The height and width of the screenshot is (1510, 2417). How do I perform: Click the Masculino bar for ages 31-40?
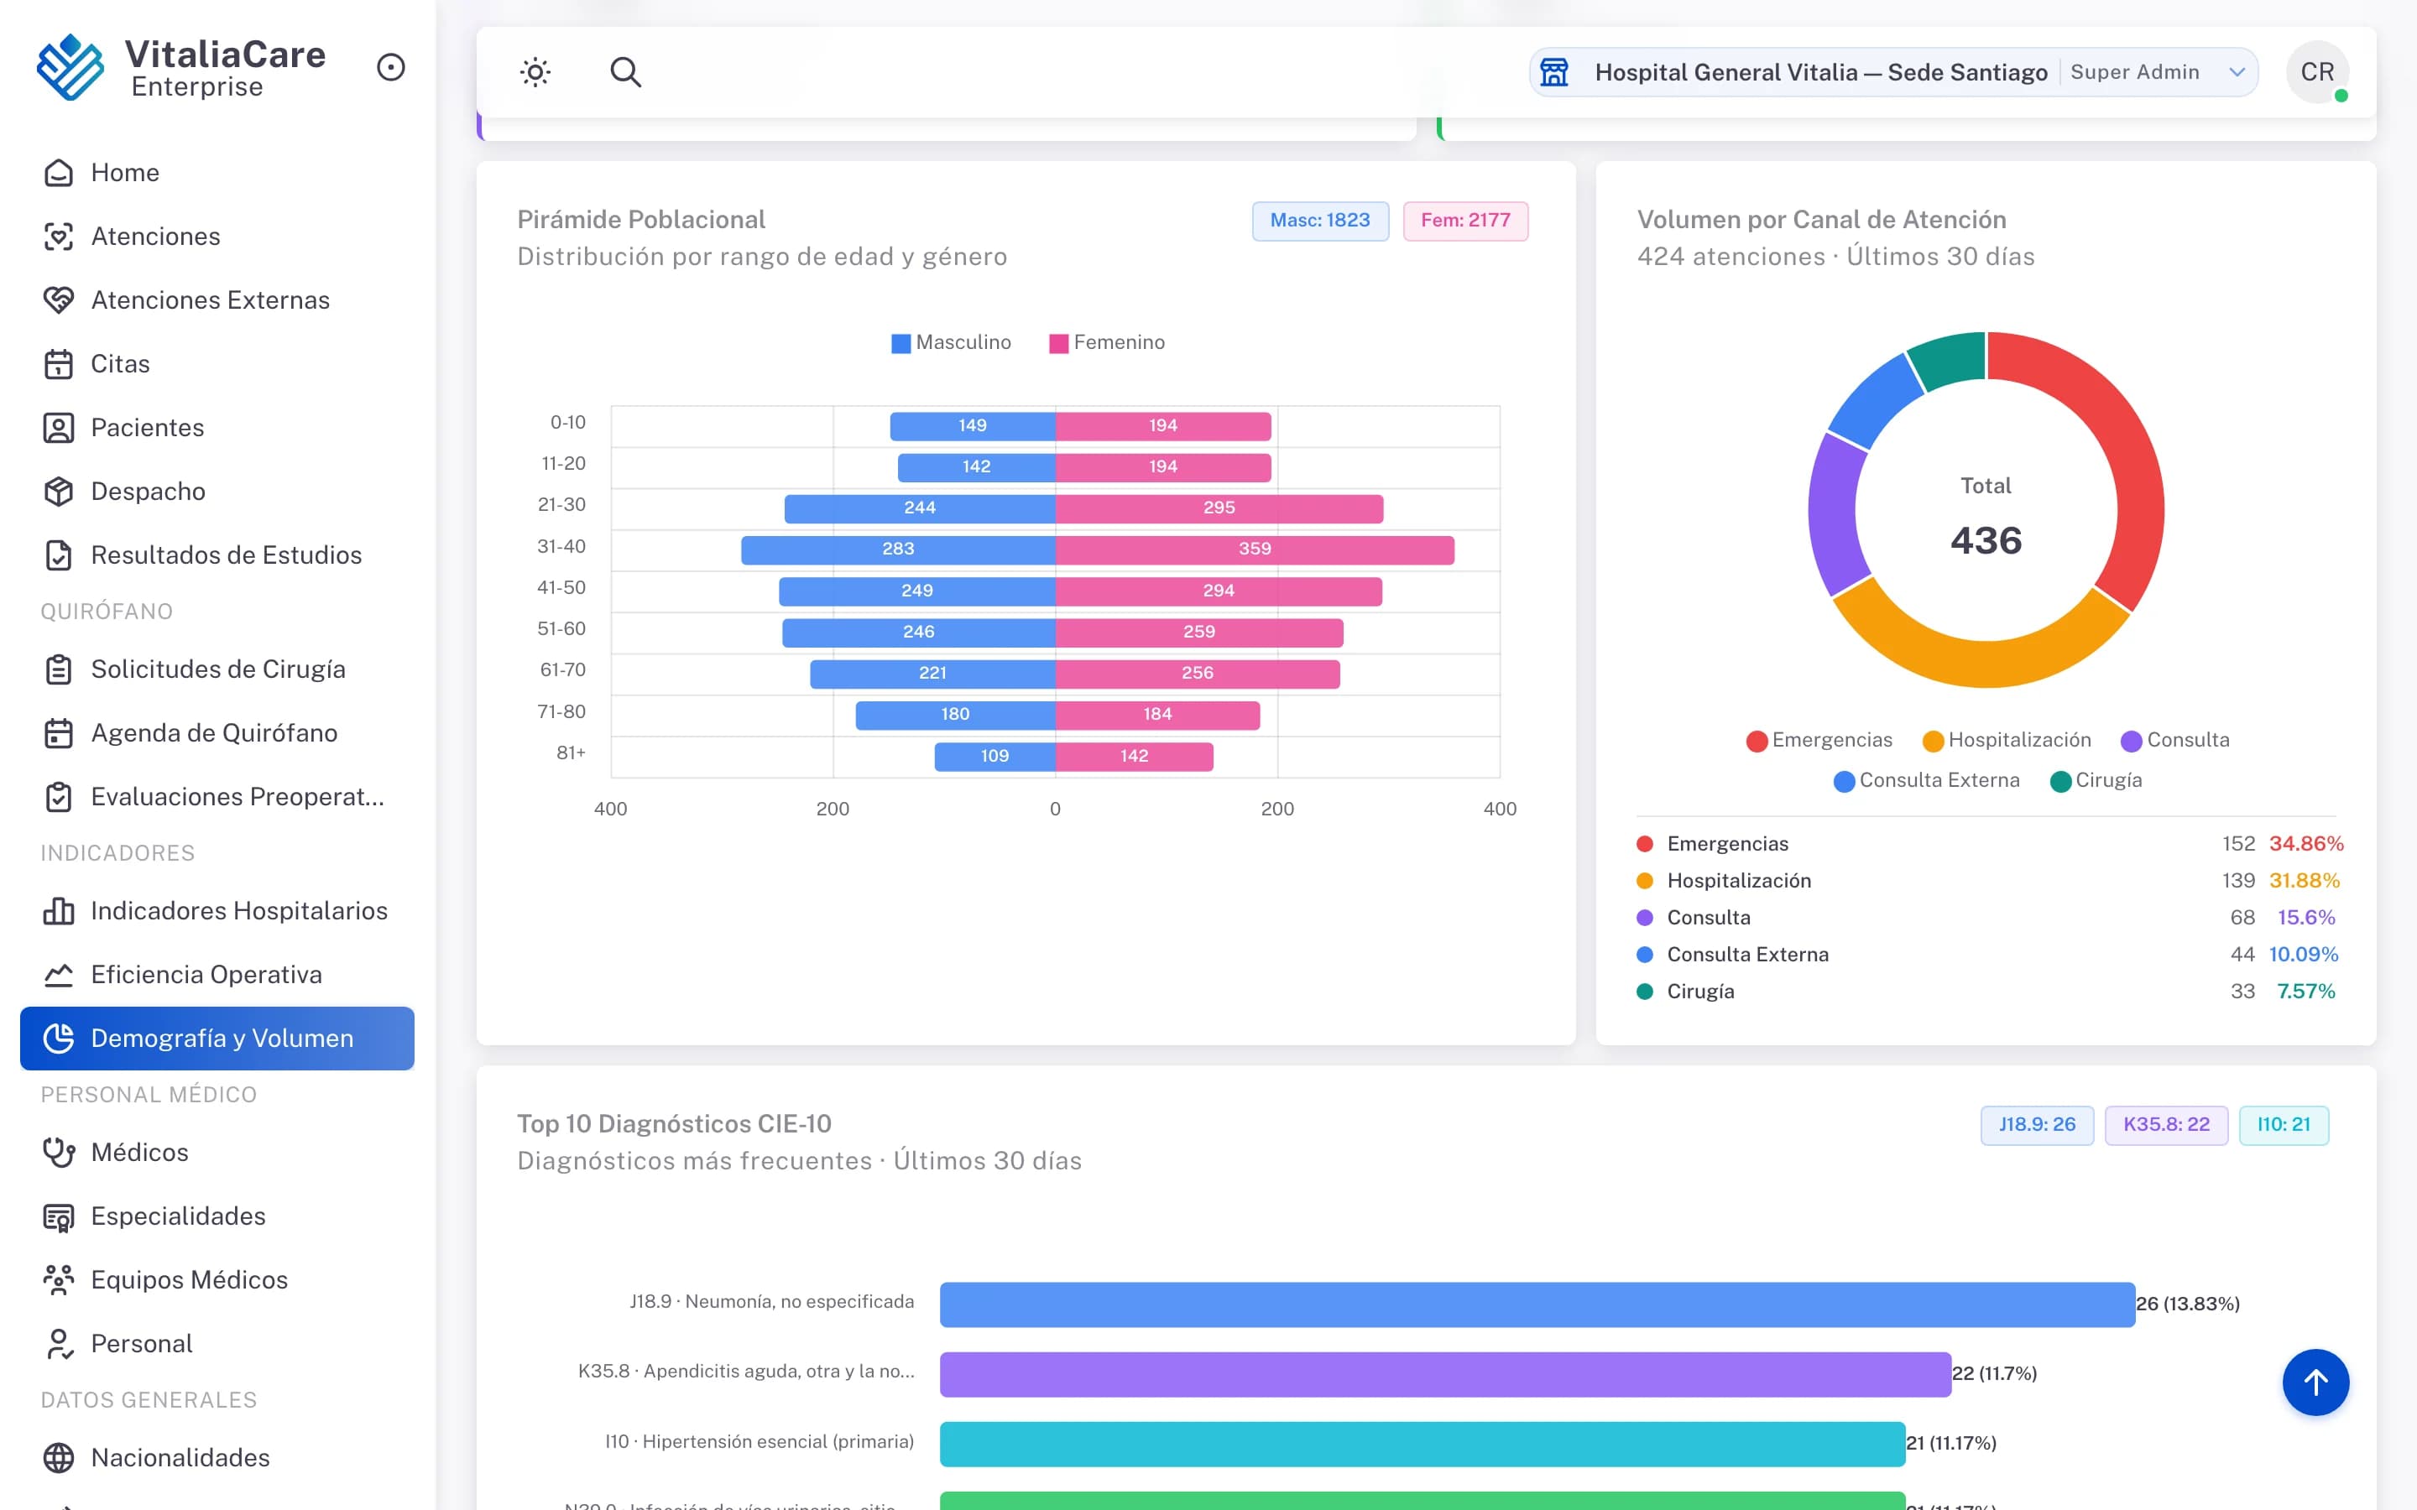click(x=898, y=549)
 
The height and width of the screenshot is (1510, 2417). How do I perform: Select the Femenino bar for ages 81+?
click(x=1135, y=756)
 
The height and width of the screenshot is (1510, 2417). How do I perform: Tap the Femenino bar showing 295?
click(x=1219, y=508)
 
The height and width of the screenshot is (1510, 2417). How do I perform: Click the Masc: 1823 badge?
click(x=1320, y=221)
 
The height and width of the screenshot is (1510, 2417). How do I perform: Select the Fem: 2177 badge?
click(x=1465, y=221)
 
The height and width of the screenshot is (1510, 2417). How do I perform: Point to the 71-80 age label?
click(x=561, y=711)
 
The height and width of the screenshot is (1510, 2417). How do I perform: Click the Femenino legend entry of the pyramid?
click(x=1107, y=342)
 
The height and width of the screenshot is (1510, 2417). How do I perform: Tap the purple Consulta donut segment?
click(x=1835, y=514)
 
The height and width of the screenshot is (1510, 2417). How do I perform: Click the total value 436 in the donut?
click(x=1986, y=540)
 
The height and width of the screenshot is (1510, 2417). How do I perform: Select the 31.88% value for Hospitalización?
click(x=2305, y=880)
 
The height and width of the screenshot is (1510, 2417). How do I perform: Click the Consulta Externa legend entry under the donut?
click(x=1927, y=780)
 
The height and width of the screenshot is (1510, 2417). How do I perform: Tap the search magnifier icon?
click(x=625, y=72)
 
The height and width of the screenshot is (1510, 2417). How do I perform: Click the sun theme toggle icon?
click(x=535, y=72)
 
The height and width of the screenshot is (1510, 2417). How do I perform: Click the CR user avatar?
click(x=2317, y=72)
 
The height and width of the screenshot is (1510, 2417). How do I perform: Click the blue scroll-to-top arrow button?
click(x=2315, y=1382)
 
